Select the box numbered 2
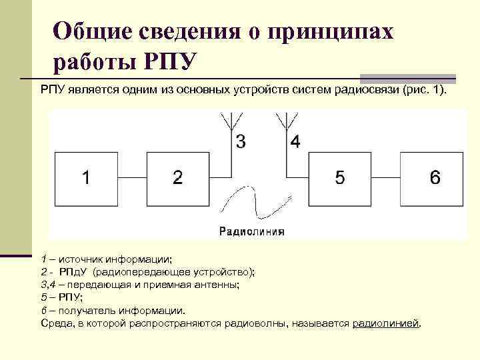[177, 177]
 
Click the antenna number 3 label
[240, 141]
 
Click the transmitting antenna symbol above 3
[231, 121]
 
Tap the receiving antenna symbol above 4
[286, 121]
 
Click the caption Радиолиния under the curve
[252, 232]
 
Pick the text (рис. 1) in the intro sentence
[426, 90]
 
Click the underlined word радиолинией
[386, 323]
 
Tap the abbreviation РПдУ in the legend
[73, 272]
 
